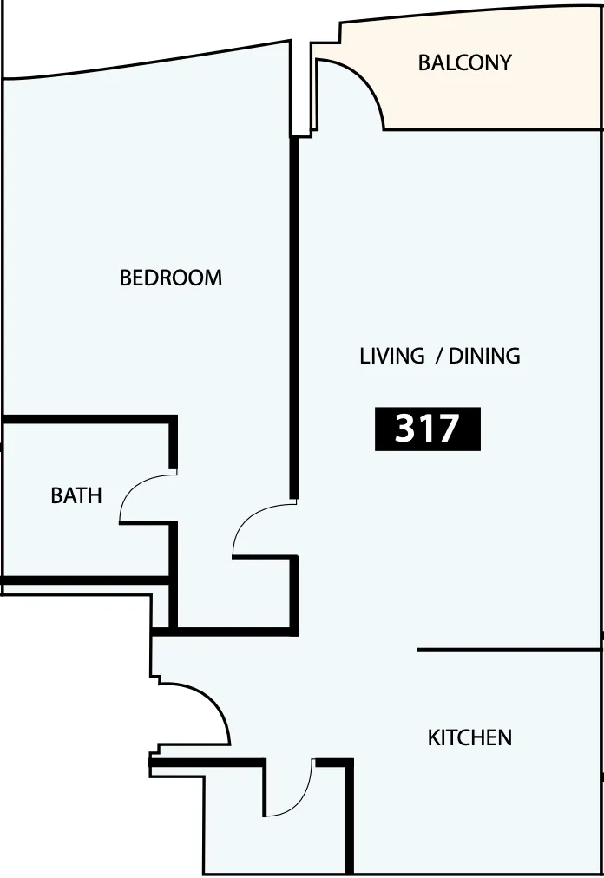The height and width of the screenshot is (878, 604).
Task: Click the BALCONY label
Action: click(x=464, y=62)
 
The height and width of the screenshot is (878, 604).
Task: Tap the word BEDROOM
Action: click(x=171, y=278)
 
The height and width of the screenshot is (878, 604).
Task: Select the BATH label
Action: click(x=76, y=495)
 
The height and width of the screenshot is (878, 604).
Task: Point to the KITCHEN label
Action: click(x=469, y=738)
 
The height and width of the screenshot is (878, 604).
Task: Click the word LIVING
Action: click(x=392, y=356)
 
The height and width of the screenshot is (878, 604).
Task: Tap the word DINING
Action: click(x=484, y=356)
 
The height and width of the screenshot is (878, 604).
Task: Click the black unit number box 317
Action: click(x=428, y=429)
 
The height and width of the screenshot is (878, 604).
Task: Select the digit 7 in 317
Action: click(x=447, y=429)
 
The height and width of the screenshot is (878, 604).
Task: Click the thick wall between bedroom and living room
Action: click(x=293, y=318)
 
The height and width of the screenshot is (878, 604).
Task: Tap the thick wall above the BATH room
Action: click(x=89, y=419)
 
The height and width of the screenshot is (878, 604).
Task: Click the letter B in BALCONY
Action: click(x=424, y=62)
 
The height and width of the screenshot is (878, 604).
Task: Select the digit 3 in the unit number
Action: click(x=404, y=429)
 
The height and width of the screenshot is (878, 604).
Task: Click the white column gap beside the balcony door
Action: click(x=301, y=89)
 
